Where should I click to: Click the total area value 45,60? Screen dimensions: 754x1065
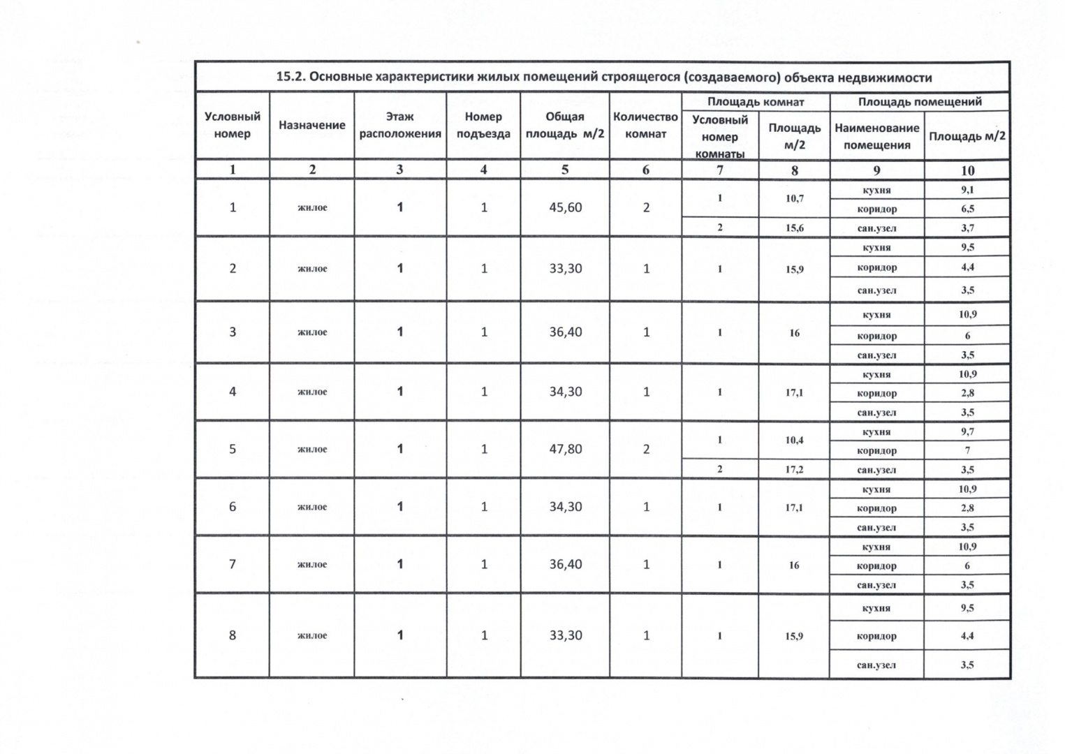(565, 207)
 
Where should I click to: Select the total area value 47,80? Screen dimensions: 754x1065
(565, 449)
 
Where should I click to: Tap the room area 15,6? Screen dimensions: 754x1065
(794, 228)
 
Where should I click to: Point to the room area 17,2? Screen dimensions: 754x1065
(794, 469)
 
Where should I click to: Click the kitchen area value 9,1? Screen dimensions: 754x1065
(967, 190)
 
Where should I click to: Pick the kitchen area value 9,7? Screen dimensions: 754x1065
(967, 431)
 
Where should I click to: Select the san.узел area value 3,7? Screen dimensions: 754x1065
(967, 228)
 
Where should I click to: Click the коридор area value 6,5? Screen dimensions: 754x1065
(967, 209)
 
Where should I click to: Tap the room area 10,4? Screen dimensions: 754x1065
(794, 440)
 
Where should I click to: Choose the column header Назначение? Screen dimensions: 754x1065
(311, 125)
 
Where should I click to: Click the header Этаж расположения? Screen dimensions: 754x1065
(399, 125)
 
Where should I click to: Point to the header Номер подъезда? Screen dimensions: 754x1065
(483, 125)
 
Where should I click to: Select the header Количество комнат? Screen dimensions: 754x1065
(645, 125)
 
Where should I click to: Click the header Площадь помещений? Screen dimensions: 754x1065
(920, 102)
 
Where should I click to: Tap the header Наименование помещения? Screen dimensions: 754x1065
(876, 136)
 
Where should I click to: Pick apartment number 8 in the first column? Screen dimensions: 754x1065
(233, 635)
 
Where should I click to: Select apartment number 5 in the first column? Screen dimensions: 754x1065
(233, 449)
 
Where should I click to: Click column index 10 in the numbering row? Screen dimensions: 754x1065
(967, 170)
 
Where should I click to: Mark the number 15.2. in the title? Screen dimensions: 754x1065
(291, 77)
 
